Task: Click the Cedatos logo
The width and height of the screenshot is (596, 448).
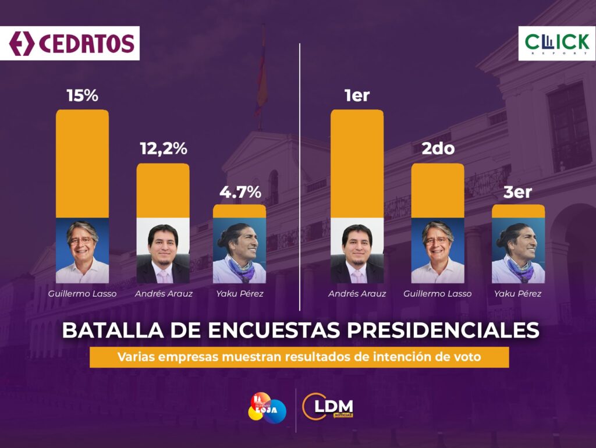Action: (70, 43)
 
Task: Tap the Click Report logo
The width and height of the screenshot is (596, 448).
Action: (556, 44)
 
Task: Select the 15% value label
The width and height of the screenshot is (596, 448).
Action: (82, 95)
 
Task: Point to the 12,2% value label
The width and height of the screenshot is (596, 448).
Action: (163, 149)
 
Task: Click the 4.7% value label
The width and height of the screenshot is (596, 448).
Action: (240, 191)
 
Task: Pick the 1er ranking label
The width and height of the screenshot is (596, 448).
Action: (357, 95)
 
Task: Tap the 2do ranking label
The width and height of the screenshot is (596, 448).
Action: (438, 149)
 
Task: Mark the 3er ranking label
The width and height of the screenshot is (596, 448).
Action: (518, 191)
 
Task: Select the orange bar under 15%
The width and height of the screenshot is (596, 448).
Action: (82, 163)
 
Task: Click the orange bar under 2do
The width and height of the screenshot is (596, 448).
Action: (438, 190)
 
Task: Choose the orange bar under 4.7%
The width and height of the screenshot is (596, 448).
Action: (240, 211)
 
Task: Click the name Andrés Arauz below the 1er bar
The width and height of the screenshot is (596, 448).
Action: (357, 294)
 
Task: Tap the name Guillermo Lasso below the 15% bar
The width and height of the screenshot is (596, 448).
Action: (82, 294)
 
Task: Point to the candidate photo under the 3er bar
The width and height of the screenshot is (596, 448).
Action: (518, 250)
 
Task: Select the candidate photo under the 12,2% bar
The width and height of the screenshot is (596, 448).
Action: (163, 250)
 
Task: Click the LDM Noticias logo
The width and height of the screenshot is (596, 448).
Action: (328, 408)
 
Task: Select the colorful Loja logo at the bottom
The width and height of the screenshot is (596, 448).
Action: (267, 408)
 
